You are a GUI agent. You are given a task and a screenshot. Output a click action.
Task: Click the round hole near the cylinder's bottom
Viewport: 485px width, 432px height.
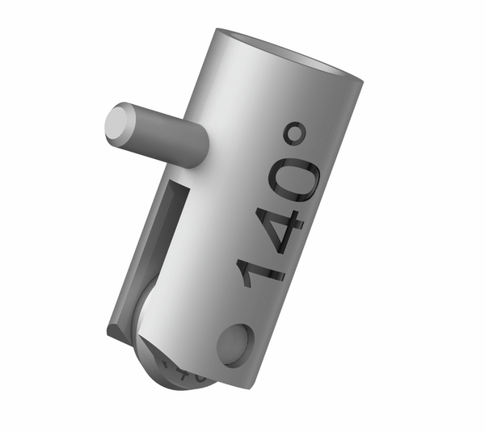[234, 343]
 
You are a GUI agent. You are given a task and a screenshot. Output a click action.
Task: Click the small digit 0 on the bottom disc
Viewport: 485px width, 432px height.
[200, 377]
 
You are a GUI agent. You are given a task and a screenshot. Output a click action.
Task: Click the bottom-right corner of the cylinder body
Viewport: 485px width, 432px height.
[257, 380]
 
